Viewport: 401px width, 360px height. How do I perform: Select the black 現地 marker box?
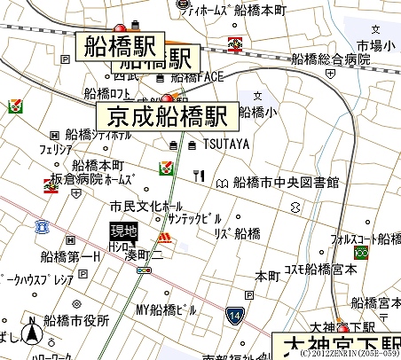tap(124, 230)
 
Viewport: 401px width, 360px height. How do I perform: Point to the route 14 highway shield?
tap(234, 315)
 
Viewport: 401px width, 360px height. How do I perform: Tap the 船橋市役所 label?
tap(78, 320)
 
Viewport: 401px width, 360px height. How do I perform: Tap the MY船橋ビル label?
tap(166, 309)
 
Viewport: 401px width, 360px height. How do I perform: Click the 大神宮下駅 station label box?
tap(338, 346)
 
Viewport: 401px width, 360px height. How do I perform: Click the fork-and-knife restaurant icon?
tap(199, 176)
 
